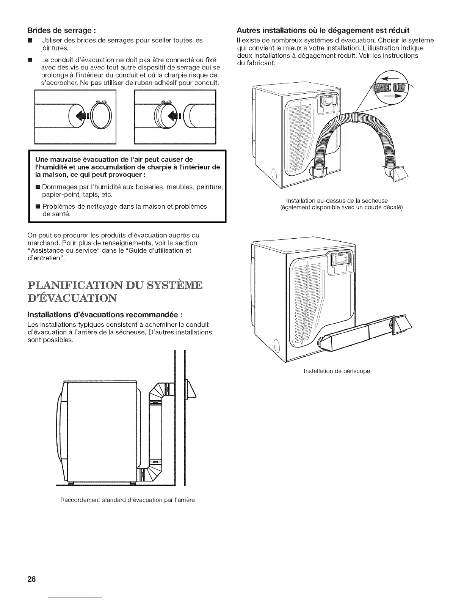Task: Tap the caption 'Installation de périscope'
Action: tap(337, 371)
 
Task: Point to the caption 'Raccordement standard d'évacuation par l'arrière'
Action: tap(127, 500)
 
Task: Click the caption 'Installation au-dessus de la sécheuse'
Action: tap(337, 201)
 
